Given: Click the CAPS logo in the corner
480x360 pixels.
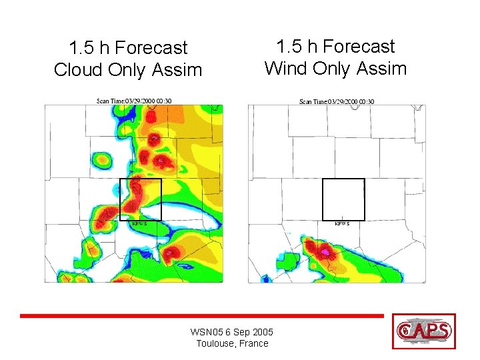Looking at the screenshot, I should [424, 331].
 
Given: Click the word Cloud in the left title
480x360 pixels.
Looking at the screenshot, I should [77, 69].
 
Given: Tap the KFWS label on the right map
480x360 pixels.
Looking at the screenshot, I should [342, 224].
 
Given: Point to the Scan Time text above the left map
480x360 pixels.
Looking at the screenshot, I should [134, 101].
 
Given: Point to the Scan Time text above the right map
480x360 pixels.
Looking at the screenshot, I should [337, 101].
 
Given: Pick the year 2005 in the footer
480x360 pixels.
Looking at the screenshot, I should [263, 332].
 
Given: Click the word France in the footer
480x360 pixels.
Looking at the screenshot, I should [254, 343].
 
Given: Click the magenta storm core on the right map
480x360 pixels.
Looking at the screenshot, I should [325, 253].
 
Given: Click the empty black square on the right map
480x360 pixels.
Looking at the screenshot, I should [343, 199].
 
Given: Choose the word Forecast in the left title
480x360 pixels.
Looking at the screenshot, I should [151, 48].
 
